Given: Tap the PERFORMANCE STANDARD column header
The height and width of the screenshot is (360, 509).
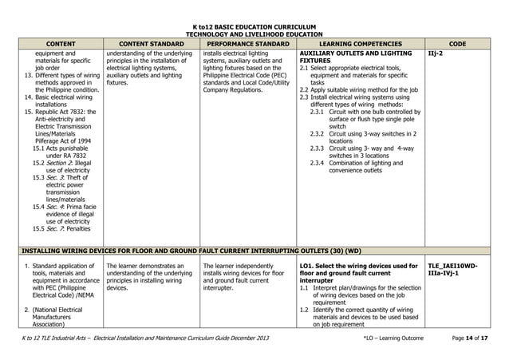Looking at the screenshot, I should [247, 45].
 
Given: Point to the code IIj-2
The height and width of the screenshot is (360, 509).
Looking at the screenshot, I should [438, 55].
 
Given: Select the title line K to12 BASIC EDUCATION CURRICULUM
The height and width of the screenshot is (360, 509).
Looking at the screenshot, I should [255, 27].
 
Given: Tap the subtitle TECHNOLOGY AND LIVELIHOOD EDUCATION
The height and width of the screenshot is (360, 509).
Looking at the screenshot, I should [255, 35].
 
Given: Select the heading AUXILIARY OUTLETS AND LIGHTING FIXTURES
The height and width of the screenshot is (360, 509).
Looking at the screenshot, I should [355, 55].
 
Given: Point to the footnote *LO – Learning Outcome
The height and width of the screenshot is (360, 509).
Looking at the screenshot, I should [393, 340].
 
